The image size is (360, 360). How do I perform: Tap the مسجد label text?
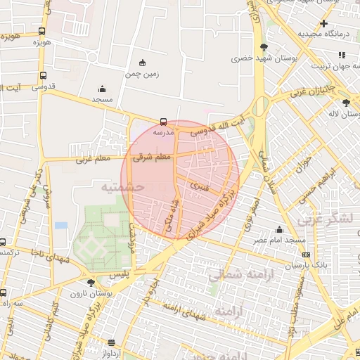pos(102,100)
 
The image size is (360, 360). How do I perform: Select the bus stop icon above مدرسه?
pos(163,122)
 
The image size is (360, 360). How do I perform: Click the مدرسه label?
pos(163,132)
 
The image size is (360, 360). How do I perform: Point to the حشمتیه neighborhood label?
pos(122,188)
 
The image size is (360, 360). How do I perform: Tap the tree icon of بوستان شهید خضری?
pos(263,48)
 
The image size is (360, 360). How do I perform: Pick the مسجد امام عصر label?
pos(280,240)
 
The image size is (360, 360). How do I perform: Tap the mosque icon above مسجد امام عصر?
pos(280,229)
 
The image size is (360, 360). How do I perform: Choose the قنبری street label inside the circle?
pos(199,187)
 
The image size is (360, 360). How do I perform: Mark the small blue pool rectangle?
pos(61,226)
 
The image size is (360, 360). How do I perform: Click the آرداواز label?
pos(110,353)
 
